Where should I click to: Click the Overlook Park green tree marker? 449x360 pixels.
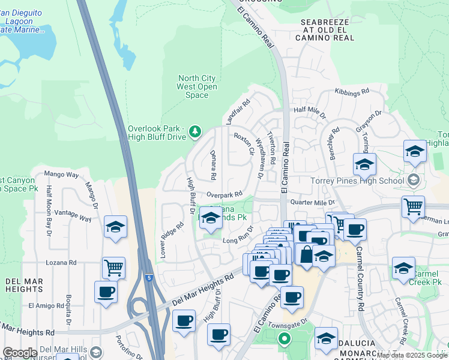pyautogui.click(x=194, y=131)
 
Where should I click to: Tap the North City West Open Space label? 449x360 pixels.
pyautogui.click(x=197, y=86)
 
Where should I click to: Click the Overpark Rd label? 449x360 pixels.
pyautogui.click(x=224, y=194)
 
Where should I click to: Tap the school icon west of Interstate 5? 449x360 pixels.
pyautogui.click(x=115, y=226)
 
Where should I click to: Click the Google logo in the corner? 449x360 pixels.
pyautogui.click(x=20, y=353)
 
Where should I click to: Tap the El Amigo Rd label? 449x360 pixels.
pyautogui.click(x=46, y=305)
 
